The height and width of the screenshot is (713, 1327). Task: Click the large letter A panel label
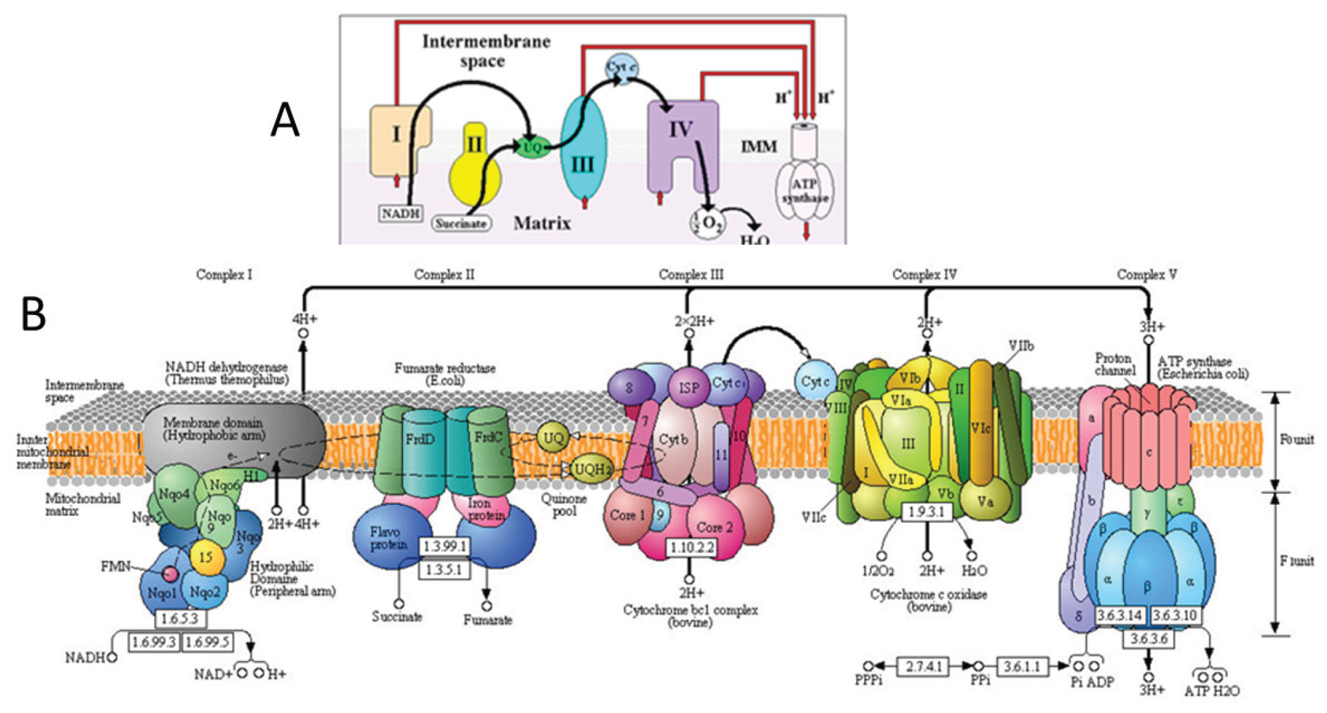coord(285,121)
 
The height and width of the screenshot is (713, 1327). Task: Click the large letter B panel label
coord(34,314)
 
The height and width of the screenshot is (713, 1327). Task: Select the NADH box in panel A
coord(401,213)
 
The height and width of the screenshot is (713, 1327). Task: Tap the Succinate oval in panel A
coord(461,223)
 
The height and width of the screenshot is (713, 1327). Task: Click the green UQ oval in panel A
coord(532,147)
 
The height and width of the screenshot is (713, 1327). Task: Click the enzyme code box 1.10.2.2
coord(691,547)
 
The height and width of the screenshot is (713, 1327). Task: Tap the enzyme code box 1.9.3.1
coord(926,511)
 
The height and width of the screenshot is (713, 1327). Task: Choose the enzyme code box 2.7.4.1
coord(923,666)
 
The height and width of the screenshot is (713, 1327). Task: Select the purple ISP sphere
coord(689,388)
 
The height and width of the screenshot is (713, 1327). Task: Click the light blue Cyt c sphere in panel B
coord(815,381)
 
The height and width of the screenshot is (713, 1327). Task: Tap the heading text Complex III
coord(691,274)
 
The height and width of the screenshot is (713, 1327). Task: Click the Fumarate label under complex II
coord(487,620)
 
